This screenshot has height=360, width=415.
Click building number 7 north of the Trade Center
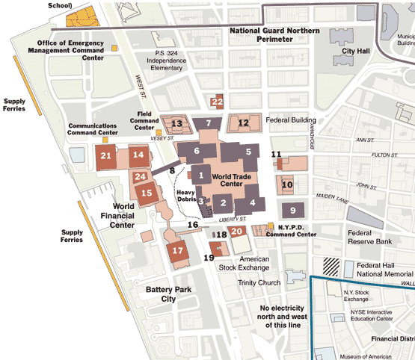tap(209, 123)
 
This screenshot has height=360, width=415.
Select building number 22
tap(218, 102)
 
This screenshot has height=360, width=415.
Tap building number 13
tap(177, 124)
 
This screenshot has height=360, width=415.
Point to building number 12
tap(243, 123)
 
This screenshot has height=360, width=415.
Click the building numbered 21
tap(106, 156)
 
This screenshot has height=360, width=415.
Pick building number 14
tap(138, 155)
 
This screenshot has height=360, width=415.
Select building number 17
tap(178, 251)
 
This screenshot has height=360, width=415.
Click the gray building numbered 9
tap(293, 210)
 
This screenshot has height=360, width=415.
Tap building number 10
tap(287, 184)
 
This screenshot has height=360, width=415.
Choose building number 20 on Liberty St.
tap(236, 232)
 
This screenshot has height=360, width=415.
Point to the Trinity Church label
tap(259, 283)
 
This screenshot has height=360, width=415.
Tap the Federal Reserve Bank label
tap(369, 237)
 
